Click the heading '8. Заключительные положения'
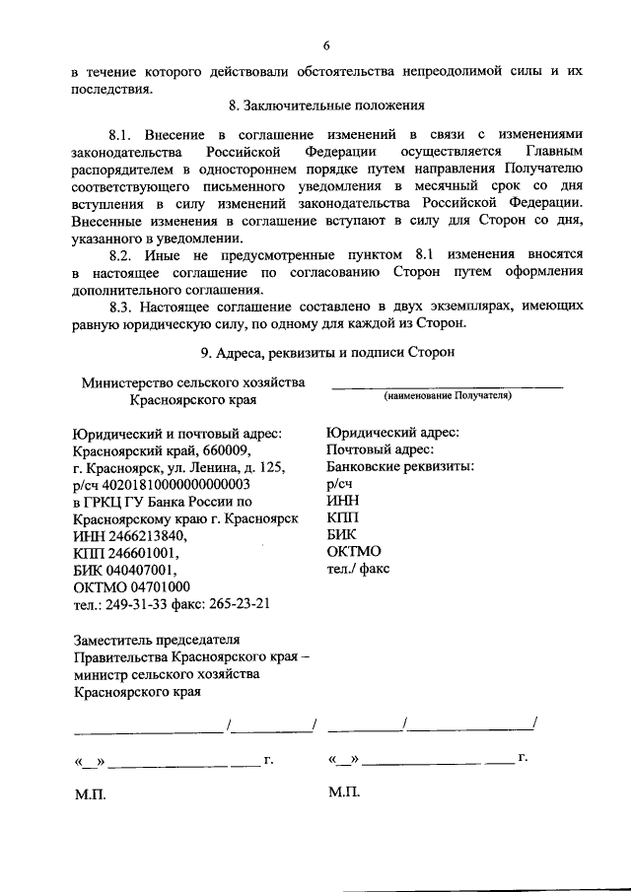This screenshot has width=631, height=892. click(325, 105)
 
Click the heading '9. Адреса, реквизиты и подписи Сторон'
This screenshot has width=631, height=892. click(325, 352)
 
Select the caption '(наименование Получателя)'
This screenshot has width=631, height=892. click(448, 394)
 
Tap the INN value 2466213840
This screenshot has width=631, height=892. click(147, 536)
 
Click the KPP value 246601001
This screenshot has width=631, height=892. click(143, 554)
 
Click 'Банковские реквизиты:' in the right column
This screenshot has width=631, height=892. click(399, 466)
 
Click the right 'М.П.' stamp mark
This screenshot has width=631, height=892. click(345, 793)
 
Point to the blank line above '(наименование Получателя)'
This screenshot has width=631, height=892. click(448, 383)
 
